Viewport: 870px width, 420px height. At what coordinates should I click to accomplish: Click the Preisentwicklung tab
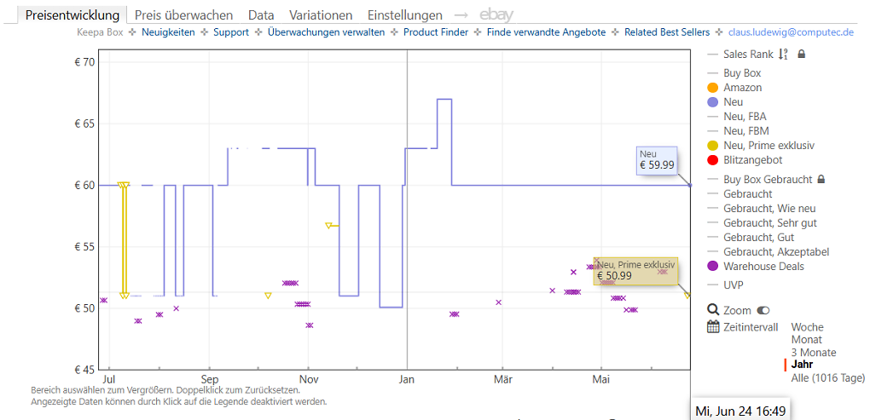[72, 15]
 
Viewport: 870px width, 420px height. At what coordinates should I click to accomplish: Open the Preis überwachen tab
[183, 15]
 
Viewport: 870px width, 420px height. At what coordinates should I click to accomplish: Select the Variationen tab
[321, 15]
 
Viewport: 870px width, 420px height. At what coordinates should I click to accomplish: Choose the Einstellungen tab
[405, 15]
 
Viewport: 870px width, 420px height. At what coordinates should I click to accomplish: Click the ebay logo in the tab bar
[496, 15]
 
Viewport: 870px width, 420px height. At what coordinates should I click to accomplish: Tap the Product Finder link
[436, 32]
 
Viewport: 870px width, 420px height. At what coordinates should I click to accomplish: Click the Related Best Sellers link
[667, 32]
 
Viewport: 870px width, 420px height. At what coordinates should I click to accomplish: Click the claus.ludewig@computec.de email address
[791, 32]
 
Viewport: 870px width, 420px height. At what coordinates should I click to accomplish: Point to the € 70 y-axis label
[85, 62]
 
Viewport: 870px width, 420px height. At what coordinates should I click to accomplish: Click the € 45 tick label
[85, 370]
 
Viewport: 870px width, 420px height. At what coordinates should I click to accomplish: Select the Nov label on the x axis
[309, 380]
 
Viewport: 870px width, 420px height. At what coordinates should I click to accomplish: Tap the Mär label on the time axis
[502, 380]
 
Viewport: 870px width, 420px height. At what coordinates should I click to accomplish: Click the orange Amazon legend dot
[712, 88]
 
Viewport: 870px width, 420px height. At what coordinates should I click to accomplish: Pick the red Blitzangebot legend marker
[712, 160]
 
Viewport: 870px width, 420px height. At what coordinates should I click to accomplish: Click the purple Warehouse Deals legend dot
[712, 267]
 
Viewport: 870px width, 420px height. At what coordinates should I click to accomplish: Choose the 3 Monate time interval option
[814, 353]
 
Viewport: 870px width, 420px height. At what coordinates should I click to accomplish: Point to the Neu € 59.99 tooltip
[657, 159]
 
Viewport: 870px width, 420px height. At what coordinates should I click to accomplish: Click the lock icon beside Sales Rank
[801, 55]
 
